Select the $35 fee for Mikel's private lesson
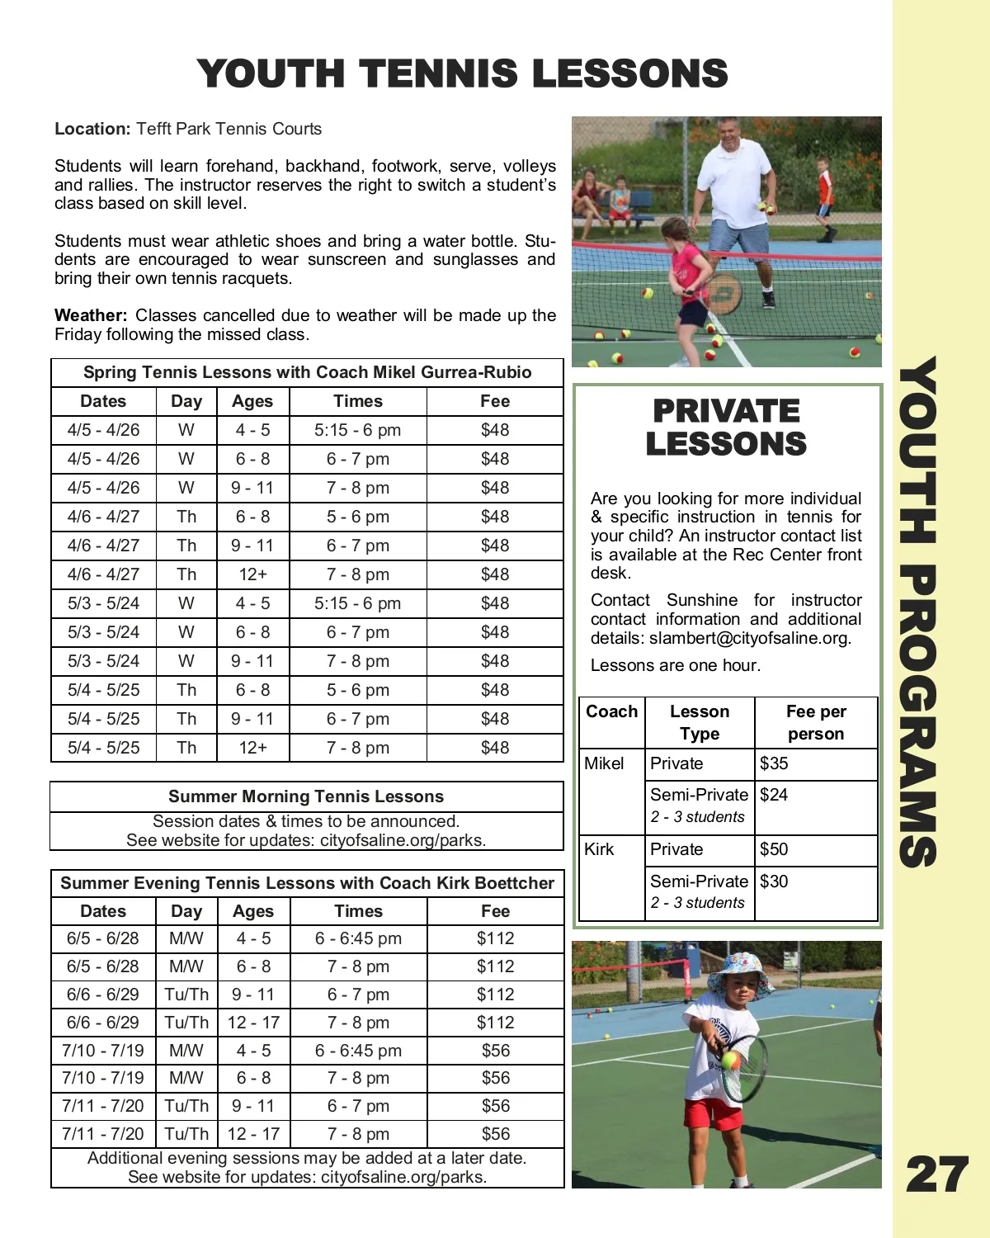pos(774,763)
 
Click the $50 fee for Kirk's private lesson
pos(774,849)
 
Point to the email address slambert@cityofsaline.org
pos(749,638)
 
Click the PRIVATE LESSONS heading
pos(726,428)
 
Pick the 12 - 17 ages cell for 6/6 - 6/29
pos(253,1023)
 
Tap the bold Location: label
pos(92,129)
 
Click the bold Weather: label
pos(91,315)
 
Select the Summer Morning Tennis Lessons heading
pos(306,796)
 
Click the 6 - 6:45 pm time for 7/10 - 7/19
pos(358,1051)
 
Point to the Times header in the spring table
pos(358,401)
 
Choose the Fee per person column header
pos(815,722)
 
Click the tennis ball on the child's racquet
pos(731,1059)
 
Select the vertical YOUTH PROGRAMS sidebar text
pos(918,611)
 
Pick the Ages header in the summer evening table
pos(253,911)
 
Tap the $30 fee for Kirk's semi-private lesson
pos(774,881)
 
